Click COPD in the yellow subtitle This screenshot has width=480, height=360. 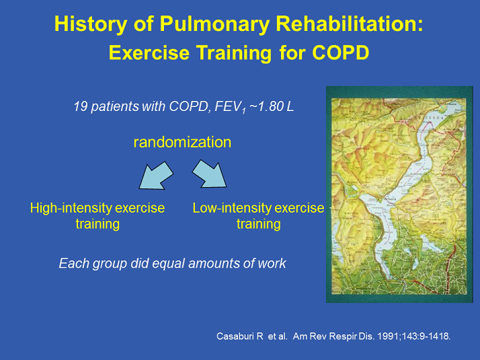342,52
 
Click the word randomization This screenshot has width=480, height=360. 182,142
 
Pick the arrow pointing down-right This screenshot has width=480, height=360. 211,175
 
